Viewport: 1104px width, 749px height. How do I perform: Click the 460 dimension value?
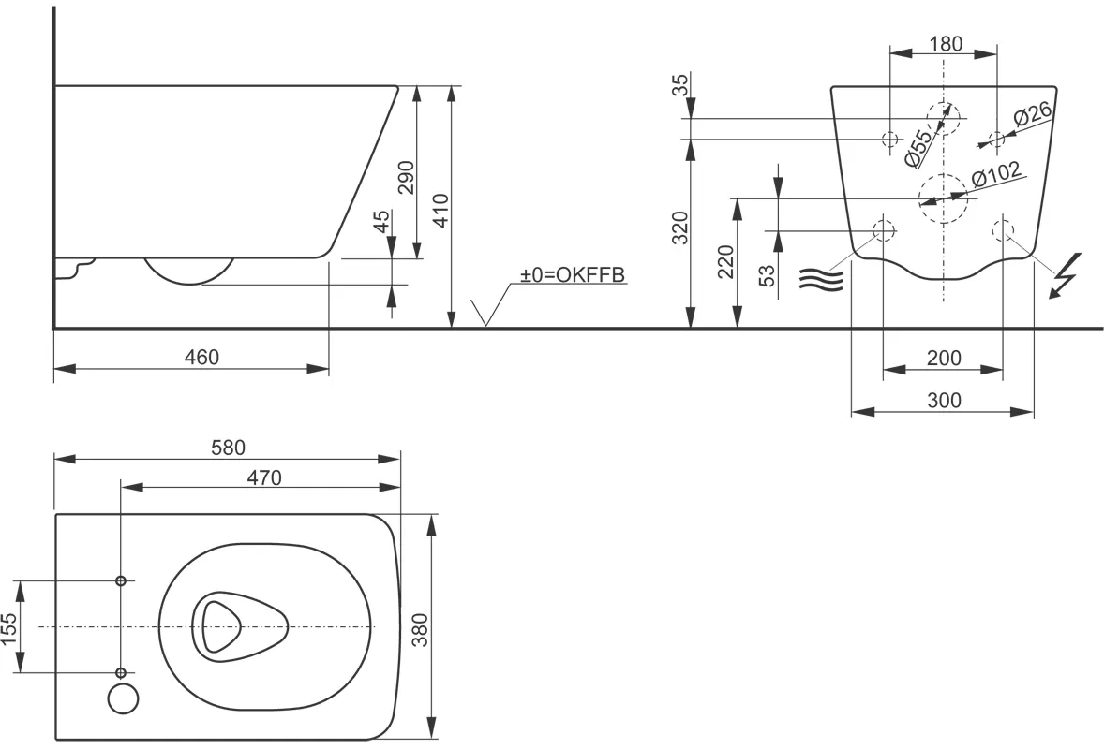tap(201, 357)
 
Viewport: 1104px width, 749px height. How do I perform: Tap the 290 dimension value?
tap(406, 177)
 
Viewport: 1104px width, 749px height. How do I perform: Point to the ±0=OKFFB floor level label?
tap(573, 275)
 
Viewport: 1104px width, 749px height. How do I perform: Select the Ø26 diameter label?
tap(1032, 116)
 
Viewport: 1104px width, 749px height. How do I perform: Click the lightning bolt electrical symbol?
tap(1066, 275)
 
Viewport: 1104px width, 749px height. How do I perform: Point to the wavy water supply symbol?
tap(822, 278)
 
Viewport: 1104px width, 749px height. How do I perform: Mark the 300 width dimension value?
tap(944, 401)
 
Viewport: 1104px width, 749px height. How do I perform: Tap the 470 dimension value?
tap(263, 477)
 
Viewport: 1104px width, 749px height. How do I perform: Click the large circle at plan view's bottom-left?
tap(123, 698)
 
